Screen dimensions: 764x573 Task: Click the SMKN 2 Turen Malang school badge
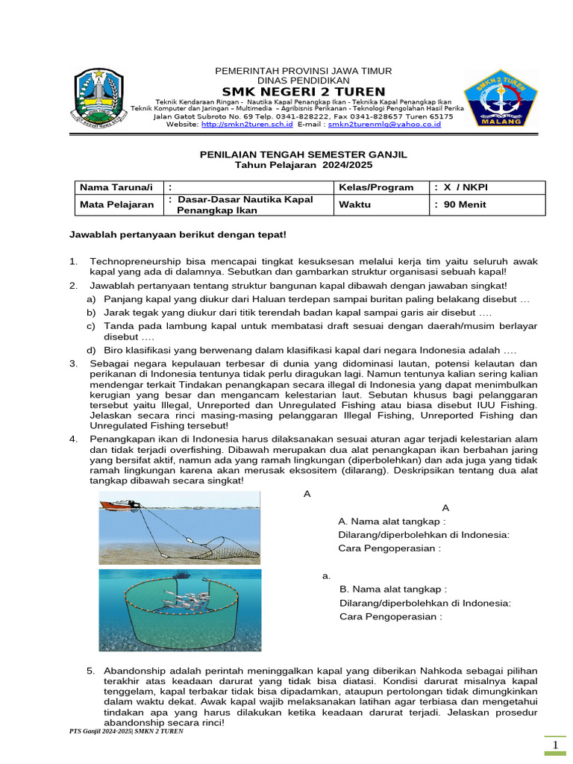tap(501, 98)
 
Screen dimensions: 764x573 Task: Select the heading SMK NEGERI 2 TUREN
tap(298, 91)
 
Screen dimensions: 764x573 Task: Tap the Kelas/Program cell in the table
tap(376, 187)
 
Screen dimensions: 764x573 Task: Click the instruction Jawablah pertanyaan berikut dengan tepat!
tap(178, 234)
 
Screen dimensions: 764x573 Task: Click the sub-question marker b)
tap(91, 312)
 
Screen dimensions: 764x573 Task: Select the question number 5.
tap(90, 670)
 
